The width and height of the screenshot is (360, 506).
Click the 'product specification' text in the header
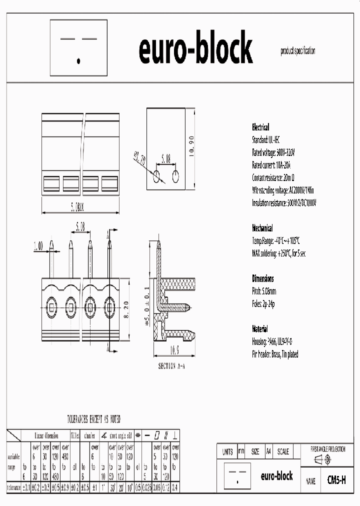point(297,51)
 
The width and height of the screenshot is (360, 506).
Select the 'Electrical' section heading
point(260,127)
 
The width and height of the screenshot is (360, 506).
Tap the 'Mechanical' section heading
point(262,228)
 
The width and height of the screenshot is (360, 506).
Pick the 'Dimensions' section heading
point(262,278)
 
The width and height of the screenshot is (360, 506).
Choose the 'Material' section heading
point(260,329)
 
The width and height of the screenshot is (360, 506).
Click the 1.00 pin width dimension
point(38,246)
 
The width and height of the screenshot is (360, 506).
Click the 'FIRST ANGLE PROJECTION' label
point(327,449)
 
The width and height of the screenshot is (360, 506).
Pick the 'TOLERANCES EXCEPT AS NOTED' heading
point(93,418)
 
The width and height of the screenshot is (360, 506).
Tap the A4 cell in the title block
point(268,451)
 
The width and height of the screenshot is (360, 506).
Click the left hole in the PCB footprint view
point(156,175)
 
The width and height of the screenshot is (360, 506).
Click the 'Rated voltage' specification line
point(273,152)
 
